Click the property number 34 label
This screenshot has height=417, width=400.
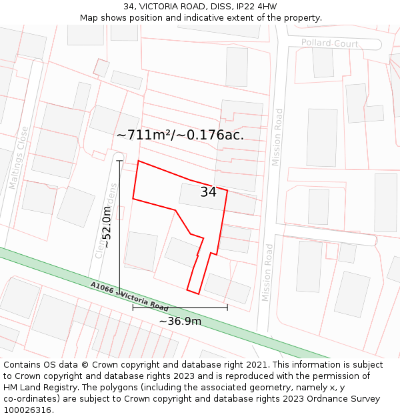[208, 192]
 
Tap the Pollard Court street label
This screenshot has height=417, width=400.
[329, 43]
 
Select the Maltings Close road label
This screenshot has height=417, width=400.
[20, 157]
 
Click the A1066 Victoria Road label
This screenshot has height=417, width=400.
[129, 296]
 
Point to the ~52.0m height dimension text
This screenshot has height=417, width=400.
[106, 227]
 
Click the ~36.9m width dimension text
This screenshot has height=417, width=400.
[180, 322]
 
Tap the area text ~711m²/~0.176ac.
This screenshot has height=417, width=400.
[180, 135]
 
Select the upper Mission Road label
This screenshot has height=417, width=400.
[277, 137]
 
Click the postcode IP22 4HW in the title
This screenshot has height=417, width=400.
[255, 7]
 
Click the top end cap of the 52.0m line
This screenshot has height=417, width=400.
[119, 160]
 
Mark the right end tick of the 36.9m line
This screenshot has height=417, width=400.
[227, 307]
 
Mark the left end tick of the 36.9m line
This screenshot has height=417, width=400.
[133, 307]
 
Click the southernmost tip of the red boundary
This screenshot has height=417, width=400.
[198, 294]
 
